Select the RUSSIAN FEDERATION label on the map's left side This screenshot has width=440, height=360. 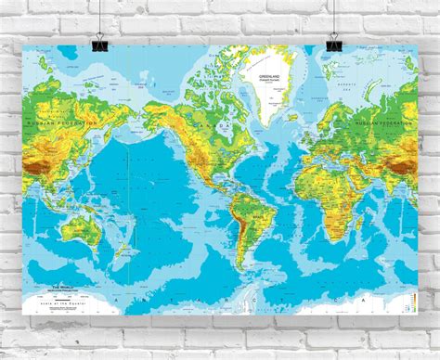(62, 122)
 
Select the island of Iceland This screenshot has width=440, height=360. (295, 97)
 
